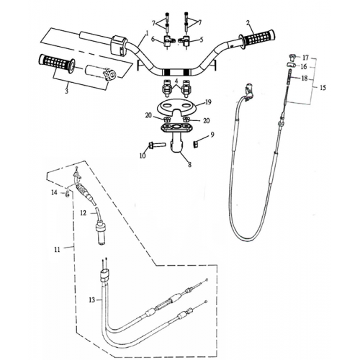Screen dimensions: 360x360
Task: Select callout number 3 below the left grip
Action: click(x=66, y=91)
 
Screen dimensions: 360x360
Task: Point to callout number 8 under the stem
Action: click(x=189, y=165)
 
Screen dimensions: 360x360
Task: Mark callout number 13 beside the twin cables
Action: click(x=91, y=299)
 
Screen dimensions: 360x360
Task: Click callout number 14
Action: click(x=53, y=192)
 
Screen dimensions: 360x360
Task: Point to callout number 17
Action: click(x=305, y=56)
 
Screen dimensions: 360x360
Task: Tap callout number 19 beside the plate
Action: click(x=207, y=102)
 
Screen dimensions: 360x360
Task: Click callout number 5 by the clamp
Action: click(x=201, y=40)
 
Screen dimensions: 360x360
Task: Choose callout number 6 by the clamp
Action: click(x=153, y=40)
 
